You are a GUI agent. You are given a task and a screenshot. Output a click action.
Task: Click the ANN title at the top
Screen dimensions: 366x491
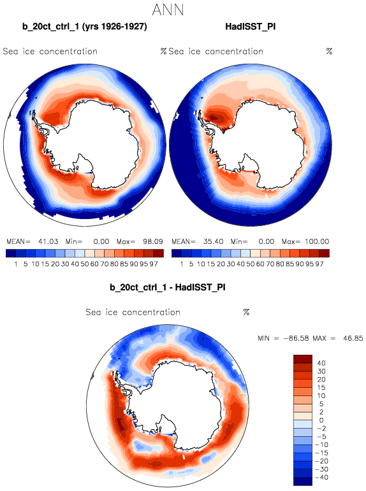click(168, 10)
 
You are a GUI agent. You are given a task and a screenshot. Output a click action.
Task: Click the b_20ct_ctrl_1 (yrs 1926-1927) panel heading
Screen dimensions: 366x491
click(84, 27)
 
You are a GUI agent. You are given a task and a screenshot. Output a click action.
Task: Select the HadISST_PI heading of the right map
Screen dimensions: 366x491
click(251, 27)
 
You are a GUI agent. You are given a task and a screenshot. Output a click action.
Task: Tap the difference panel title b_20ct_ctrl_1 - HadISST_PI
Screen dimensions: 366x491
click(168, 287)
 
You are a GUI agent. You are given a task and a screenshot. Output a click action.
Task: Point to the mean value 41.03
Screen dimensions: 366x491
click(48, 242)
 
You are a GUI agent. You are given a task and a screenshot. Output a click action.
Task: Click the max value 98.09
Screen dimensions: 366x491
click(152, 242)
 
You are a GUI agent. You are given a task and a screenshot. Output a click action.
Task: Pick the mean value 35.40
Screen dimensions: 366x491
click(213, 242)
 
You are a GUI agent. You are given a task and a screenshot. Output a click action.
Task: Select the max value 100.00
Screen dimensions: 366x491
click(317, 242)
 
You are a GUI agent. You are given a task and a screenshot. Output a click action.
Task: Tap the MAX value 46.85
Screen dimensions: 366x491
click(353, 339)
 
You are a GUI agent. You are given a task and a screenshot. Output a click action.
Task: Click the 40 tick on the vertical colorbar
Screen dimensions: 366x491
click(321, 363)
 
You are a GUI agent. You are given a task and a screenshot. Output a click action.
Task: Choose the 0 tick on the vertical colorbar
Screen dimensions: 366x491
click(321, 420)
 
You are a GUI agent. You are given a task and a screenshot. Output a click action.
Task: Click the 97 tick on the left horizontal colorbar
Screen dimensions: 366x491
click(154, 264)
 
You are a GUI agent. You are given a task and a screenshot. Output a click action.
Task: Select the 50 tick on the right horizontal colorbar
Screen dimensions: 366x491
click(250, 264)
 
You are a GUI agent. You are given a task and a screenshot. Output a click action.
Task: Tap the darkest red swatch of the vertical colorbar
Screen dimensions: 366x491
click(303, 359)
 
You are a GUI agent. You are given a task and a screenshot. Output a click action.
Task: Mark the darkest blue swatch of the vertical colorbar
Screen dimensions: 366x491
click(303, 481)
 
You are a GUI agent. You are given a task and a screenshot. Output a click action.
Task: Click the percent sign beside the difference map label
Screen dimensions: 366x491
click(246, 312)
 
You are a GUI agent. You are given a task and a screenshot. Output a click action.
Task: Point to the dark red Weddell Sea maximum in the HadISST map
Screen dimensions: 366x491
click(214, 118)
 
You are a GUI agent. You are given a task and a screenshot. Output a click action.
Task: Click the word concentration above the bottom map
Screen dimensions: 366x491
click(151, 312)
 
